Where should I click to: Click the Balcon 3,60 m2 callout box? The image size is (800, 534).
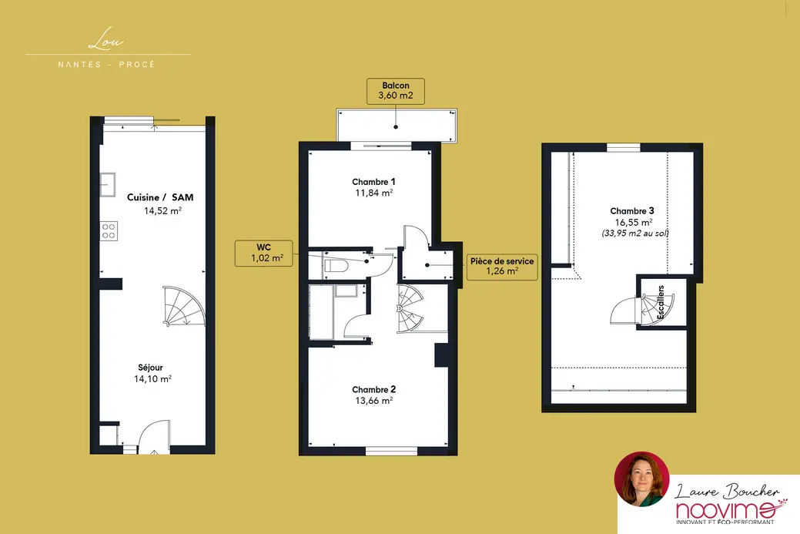tap(396, 91)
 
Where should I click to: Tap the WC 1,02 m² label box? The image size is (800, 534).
tap(264, 254)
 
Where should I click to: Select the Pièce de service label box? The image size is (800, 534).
tap(502, 266)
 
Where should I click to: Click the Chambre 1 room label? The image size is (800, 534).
tap(373, 182)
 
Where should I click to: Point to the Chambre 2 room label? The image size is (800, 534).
tap(373, 390)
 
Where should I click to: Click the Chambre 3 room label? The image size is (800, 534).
tap(632, 211)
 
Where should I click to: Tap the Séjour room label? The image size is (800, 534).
tap(150, 368)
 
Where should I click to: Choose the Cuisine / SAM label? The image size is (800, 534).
tap(160, 197)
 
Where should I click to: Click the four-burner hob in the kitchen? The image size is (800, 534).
tap(108, 230)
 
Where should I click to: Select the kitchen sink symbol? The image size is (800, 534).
tap(107, 184)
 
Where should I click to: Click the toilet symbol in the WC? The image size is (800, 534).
tap(336, 266)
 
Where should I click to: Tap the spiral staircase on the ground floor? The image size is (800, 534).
tap(184, 307)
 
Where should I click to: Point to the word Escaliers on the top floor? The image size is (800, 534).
tap(661, 302)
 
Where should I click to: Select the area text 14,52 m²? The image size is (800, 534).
tap(162, 211)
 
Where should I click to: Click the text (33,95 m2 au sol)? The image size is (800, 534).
tap(635, 233)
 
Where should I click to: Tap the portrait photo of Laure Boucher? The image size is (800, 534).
tap(641, 479)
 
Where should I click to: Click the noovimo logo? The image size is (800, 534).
tap(728, 510)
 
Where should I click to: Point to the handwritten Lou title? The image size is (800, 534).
tap(106, 40)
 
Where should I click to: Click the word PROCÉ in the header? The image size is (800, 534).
tap(137, 64)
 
